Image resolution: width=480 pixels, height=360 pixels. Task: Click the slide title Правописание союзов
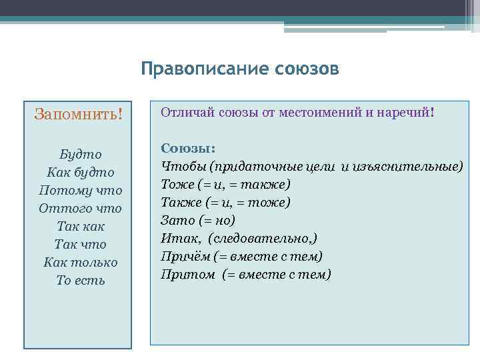pos(240,69)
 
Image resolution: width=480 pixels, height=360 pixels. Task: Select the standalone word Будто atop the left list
pos(80,153)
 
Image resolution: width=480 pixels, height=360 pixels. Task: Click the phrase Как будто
pos(80,172)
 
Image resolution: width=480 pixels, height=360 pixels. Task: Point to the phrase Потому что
pos(80,190)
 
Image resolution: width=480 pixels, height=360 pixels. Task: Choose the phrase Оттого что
pos(80,208)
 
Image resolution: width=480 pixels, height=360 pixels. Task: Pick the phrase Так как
pos(80,226)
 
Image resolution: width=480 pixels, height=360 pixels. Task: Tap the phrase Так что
pos(80,244)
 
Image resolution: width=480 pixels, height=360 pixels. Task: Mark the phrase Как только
pos(80,262)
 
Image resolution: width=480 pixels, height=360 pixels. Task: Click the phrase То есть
pos(80,280)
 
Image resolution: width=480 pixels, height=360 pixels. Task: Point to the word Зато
pos(175,220)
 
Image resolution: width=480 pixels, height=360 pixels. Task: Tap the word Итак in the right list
pos(175,238)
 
